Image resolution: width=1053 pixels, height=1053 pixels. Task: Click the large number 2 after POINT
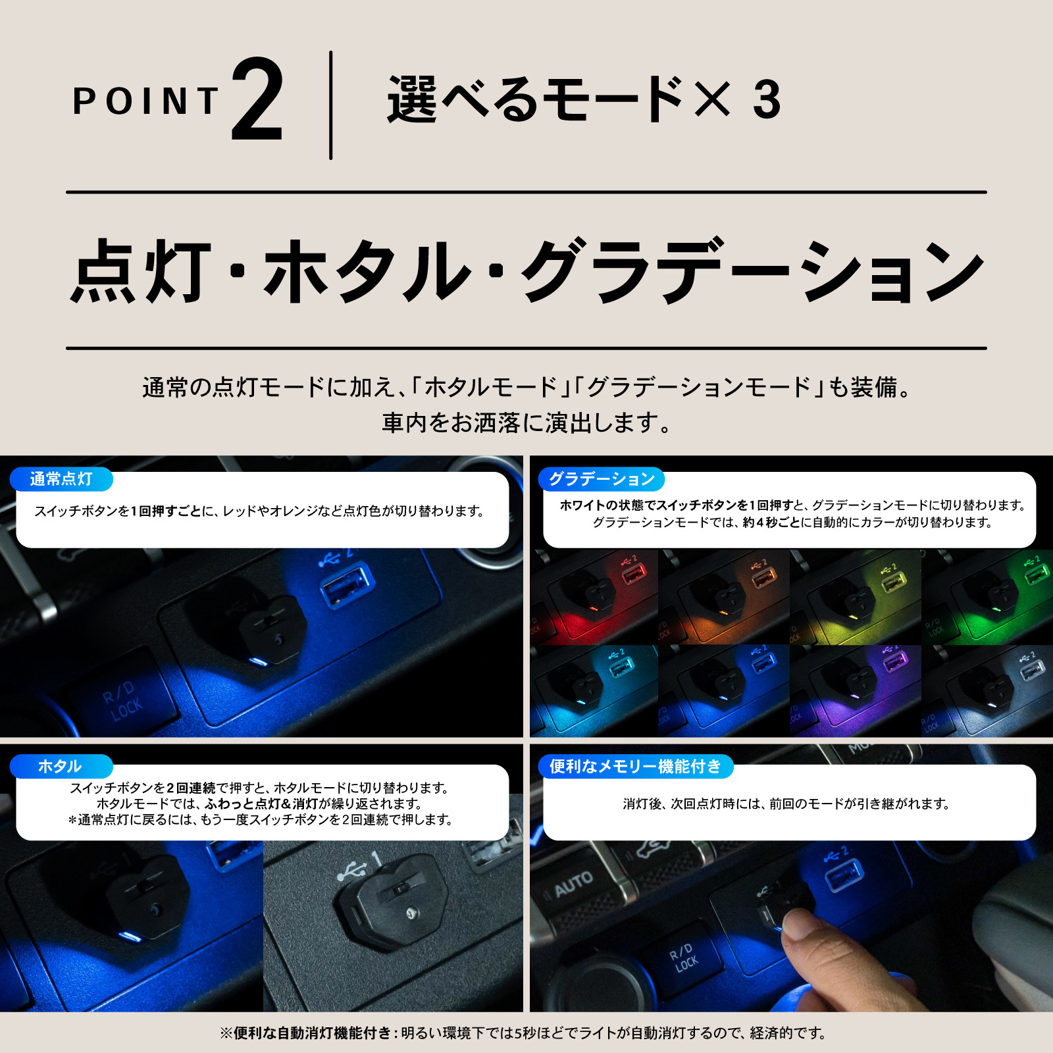pyautogui.click(x=257, y=100)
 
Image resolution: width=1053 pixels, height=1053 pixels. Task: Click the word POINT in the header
pyautogui.click(x=145, y=101)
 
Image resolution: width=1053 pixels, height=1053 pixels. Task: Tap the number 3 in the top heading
pyautogui.click(x=767, y=100)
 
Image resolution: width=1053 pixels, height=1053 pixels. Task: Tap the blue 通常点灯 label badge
pyautogui.click(x=61, y=479)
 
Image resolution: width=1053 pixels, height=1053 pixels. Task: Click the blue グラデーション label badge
pyautogui.click(x=602, y=479)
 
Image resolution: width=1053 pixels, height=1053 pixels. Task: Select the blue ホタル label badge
pyautogui.click(x=61, y=766)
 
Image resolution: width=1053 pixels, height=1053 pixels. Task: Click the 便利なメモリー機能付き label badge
pyautogui.click(x=635, y=766)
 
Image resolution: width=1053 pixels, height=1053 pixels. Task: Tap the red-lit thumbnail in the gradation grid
pyautogui.click(x=594, y=598)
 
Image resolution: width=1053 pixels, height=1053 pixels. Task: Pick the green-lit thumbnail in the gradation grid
pyautogui.click(x=987, y=598)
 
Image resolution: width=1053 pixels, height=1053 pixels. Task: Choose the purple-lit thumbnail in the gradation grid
pyautogui.click(x=856, y=691)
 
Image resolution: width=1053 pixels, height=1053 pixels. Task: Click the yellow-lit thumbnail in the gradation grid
pyautogui.click(x=856, y=598)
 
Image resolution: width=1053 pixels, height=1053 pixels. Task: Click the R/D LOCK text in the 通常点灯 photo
pyautogui.click(x=122, y=701)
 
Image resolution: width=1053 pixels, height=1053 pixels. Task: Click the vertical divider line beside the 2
pyautogui.click(x=330, y=105)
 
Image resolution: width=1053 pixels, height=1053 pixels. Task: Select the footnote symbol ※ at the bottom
pyautogui.click(x=226, y=1033)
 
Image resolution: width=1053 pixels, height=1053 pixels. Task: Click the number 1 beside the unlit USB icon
pyautogui.click(x=376, y=858)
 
